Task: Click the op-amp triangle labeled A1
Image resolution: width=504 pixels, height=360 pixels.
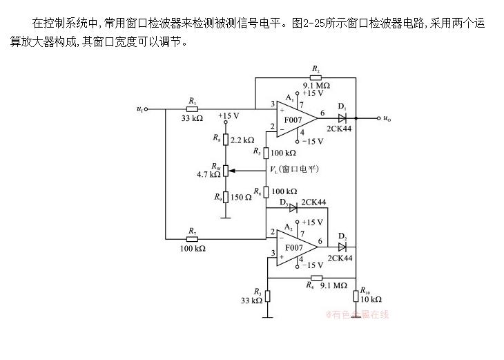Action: (295, 118)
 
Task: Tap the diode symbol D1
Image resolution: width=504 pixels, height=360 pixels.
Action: (342, 118)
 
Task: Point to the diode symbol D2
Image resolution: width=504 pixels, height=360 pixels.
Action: (342, 247)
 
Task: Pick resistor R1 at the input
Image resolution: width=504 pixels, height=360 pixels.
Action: (193, 108)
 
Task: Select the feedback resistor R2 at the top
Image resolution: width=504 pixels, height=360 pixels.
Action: (316, 78)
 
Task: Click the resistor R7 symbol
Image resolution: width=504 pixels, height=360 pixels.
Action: (193, 238)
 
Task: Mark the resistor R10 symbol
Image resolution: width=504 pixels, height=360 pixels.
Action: (356, 296)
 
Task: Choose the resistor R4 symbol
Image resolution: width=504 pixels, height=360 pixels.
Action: (315, 278)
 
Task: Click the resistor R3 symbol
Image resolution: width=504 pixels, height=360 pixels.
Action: (267, 295)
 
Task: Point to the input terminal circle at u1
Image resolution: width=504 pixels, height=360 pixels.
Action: (146, 108)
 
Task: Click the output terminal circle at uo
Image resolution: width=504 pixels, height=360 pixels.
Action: (378, 118)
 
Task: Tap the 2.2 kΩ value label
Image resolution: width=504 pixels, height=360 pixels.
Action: (242, 140)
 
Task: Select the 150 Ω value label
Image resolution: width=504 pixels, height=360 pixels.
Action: (242, 198)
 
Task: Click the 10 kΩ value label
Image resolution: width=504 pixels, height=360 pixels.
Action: (372, 300)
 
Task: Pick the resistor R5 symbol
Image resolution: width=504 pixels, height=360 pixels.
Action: (267, 152)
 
